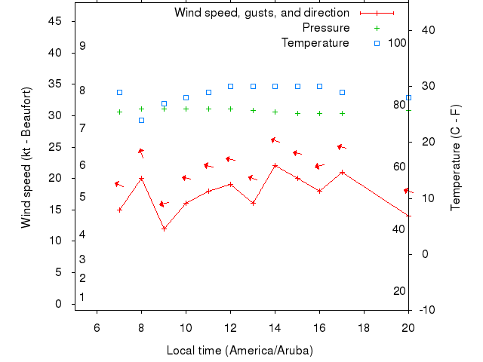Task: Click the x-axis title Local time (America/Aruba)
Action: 239,351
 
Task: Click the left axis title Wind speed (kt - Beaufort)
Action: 26,158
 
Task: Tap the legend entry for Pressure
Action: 326,28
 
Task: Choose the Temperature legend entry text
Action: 315,43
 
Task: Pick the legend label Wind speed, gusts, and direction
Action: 262,13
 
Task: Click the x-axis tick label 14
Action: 275,327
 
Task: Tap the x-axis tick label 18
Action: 364,327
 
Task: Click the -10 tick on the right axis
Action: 426,310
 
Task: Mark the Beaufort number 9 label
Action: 82,46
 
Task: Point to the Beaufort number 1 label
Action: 82,297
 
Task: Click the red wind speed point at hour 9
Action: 164,229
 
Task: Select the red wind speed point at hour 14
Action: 275,166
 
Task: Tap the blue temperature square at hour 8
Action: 141,120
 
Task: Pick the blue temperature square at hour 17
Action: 342,92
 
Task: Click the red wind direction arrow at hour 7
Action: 118,184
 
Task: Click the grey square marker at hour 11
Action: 208,92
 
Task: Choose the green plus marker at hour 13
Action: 253,110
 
